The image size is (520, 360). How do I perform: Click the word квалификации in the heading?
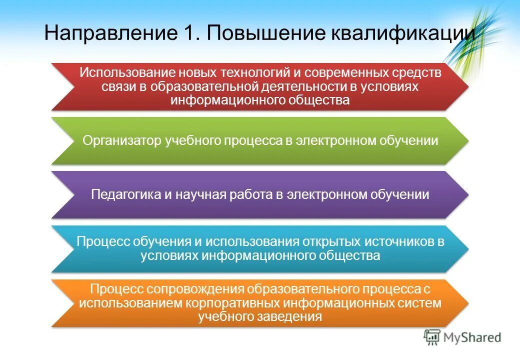402,33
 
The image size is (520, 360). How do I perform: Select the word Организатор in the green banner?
122,141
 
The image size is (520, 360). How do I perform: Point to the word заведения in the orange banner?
292,316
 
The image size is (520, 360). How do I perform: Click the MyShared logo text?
472,338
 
